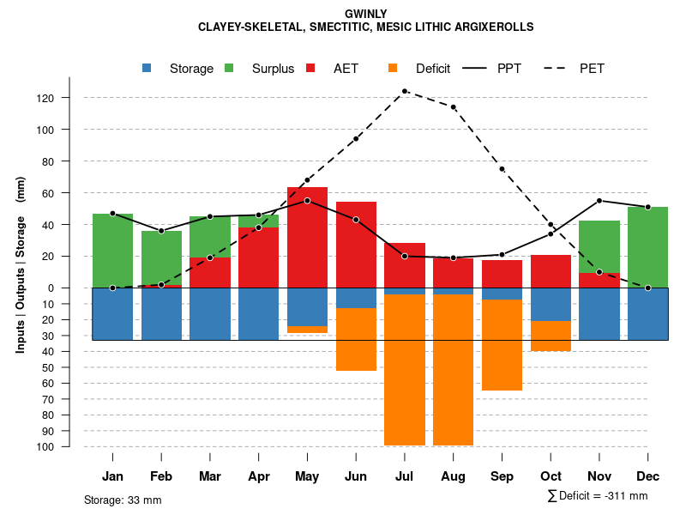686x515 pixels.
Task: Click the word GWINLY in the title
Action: click(x=365, y=14)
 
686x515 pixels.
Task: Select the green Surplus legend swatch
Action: click(x=230, y=69)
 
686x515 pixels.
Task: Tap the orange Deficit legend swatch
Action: click(x=394, y=69)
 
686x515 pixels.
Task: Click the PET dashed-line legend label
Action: click(x=592, y=69)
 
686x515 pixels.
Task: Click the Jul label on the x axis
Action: click(x=405, y=476)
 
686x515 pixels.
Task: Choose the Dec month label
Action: click(x=648, y=476)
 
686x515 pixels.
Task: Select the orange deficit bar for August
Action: click(x=454, y=369)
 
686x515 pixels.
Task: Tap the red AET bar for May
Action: click(x=307, y=237)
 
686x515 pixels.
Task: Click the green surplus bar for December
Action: click(x=648, y=247)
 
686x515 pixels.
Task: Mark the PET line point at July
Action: click(x=405, y=91)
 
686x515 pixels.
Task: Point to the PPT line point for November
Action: click(x=599, y=201)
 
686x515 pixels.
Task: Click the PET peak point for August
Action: click(x=454, y=107)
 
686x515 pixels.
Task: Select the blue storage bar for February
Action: click(x=161, y=313)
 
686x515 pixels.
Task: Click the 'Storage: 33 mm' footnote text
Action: click(x=123, y=500)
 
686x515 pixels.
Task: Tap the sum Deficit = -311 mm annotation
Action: click(x=598, y=496)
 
